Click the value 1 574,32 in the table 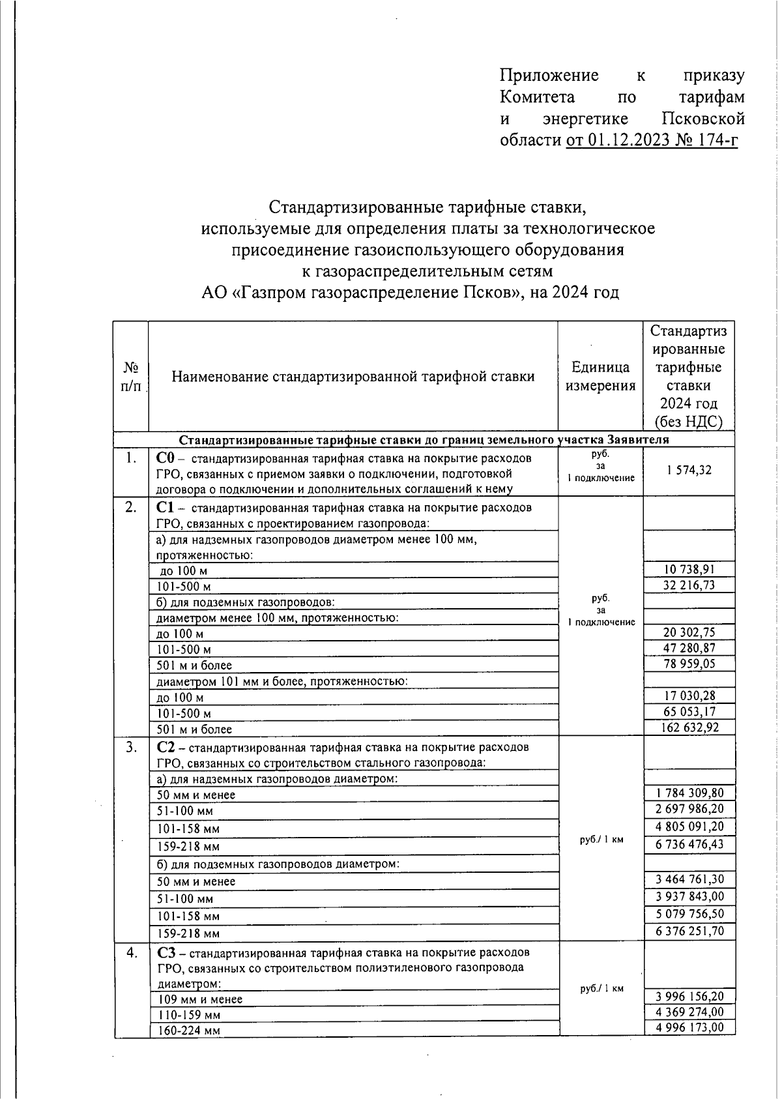pos(689,470)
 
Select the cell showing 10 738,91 pos(689,569)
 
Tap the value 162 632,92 pos(689,727)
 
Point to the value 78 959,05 pos(689,664)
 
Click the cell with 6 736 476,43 pos(689,844)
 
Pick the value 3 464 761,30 pos(689,879)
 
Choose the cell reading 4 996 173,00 pos(689,1027)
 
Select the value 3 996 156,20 pos(689,996)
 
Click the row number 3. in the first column pos(131,748)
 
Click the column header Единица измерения pos(600,376)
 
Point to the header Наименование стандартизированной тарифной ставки pos(353,376)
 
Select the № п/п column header pos(131,376)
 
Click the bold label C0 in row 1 pos(164,458)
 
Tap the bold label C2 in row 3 pos(164,747)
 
